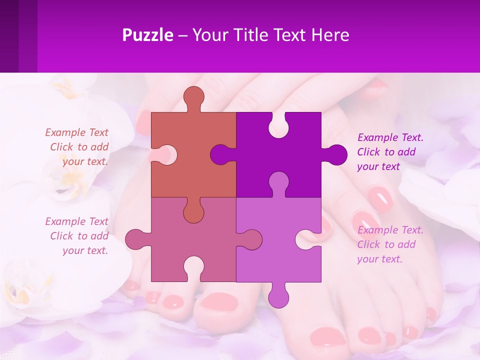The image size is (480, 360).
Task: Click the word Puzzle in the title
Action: pos(147,35)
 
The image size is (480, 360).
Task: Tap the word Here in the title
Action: pos(330,35)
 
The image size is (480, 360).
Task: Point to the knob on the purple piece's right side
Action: pos(336,154)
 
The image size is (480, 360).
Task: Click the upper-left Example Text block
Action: pos(77,147)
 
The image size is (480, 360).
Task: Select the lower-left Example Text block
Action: pos(77,236)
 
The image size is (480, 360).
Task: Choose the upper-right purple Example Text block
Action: pos(390,152)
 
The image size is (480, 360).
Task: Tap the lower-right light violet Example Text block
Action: pos(390,244)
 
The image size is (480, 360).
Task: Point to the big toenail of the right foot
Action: pos(327,337)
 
